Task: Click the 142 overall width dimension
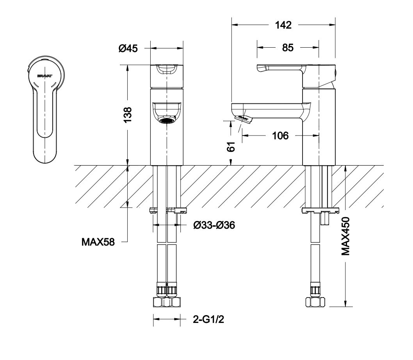tap(283, 25)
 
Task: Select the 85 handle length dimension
tap(288, 48)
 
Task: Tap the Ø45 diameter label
tap(128, 48)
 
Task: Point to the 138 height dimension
tap(128, 114)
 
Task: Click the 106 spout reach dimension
tap(280, 136)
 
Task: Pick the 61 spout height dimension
tap(231, 146)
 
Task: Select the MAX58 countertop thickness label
tap(98, 242)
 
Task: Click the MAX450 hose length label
tap(345, 236)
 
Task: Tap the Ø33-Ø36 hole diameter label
tap(214, 225)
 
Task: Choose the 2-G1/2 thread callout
tap(208, 320)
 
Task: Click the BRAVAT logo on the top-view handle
tap(45, 76)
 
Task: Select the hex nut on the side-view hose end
tap(315, 302)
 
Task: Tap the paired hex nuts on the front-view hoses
tap(167, 302)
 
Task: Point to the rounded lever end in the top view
tap(45, 155)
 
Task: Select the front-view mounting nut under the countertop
tap(168, 210)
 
